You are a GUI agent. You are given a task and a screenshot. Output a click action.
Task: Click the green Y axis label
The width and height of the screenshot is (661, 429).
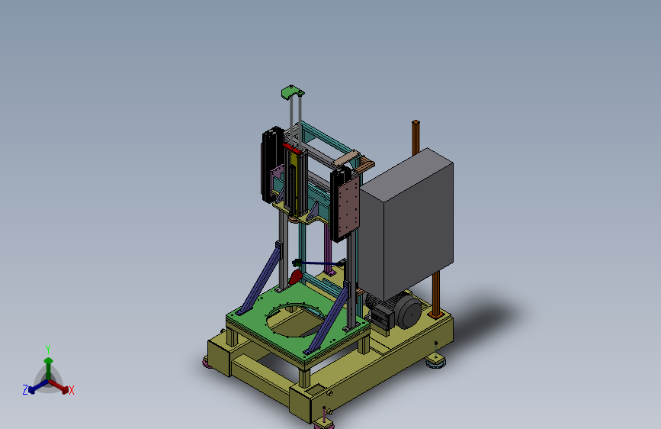pyautogui.click(x=48, y=349)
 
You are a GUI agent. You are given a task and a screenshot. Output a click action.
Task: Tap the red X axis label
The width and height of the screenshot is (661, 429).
pyautogui.click(x=71, y=390)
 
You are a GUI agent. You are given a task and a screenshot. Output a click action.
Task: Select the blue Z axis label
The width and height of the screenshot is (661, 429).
pyautogui.click(x=25, y=390)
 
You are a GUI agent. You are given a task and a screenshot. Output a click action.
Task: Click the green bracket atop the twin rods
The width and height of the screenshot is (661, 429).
pyautogui.click(x=292, y=92)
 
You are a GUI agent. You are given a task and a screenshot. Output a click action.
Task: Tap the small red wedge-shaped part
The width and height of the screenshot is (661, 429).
pyautogui.click(x=295, y=277)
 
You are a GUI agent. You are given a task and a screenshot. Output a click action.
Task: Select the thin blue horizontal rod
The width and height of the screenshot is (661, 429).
pyautogui.click(x=318, y=263)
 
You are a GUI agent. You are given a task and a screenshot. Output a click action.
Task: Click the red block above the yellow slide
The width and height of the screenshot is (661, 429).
pyautogui.click(x=292, y=148)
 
